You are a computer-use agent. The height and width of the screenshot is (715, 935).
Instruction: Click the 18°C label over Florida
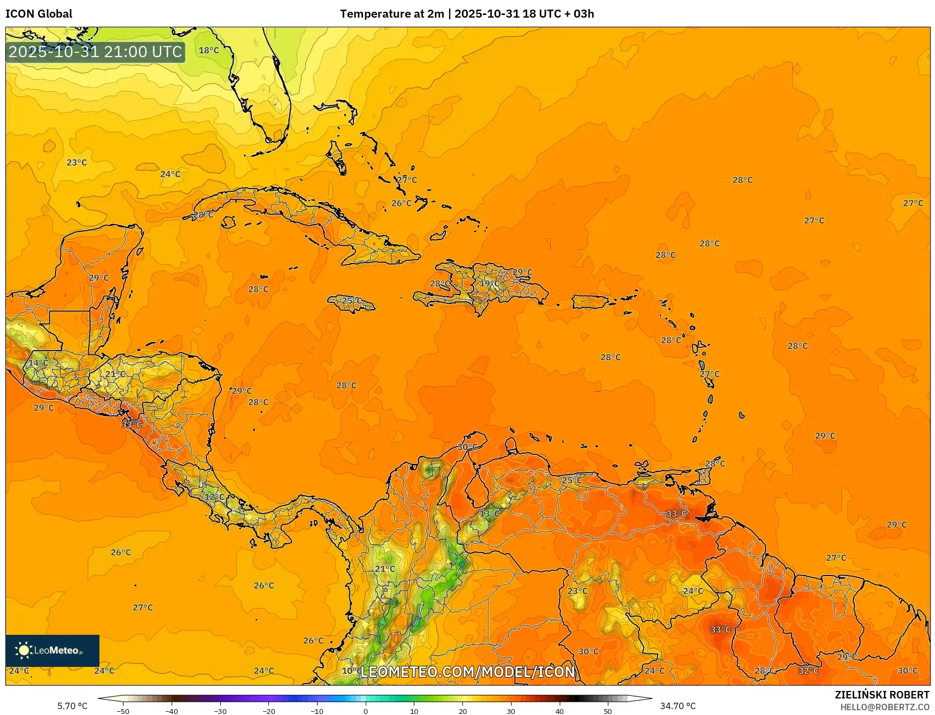[208, 50]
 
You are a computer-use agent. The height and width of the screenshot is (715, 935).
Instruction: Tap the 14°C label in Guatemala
[38, 363]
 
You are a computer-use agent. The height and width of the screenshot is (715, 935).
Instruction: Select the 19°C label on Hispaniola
[489, 283]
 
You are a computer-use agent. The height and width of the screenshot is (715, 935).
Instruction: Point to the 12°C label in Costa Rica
[214, 497]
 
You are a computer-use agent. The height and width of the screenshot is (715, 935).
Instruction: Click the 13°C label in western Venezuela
[489, 514]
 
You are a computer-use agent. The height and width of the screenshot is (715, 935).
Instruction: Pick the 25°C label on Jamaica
[351, 301]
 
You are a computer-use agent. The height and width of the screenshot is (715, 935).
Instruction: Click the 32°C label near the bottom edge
[808, 671]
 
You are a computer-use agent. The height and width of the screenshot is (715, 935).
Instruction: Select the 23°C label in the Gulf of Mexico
[76, 162]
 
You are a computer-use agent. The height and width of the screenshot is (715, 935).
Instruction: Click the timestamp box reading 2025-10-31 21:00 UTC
[95, 52]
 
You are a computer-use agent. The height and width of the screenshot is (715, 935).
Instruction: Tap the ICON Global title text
[38, 14]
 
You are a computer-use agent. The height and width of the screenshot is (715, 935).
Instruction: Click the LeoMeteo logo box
[52, 650]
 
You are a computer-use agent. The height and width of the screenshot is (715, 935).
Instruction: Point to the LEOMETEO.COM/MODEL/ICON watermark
[468, 672]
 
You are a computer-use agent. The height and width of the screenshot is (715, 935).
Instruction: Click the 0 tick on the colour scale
[366, 711]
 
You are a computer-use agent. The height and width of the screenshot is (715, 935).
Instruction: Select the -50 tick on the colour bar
[122, 711]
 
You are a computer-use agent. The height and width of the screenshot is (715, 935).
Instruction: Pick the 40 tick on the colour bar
[560, 711]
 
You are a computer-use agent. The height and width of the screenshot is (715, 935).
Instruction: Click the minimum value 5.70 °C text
[72, 706]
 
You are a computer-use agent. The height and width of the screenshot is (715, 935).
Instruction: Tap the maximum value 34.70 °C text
[678, 706]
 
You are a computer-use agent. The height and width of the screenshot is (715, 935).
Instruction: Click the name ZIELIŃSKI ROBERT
[882, 695]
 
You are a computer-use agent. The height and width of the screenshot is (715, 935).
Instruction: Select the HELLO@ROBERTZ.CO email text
[884, 707]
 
